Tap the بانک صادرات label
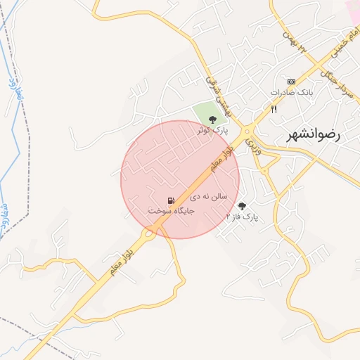pyautogui.click(x=291, y=92)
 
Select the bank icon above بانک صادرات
pyautogui.click(x=291, y=82)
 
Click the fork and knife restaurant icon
pyautogui.click(x=274, y=109)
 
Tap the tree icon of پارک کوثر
pyautogui.click(x=213, y=119)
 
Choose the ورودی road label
pyautogui.click(x=252, y=144)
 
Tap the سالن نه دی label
pyautogui.click(x=209, y=198)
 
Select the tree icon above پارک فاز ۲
pyautogui.click(x=243, y=206)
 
